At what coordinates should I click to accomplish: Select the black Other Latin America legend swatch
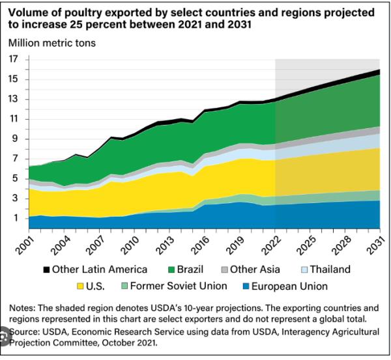coord(46,269)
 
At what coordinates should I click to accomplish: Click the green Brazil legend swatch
coord(173,269)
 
